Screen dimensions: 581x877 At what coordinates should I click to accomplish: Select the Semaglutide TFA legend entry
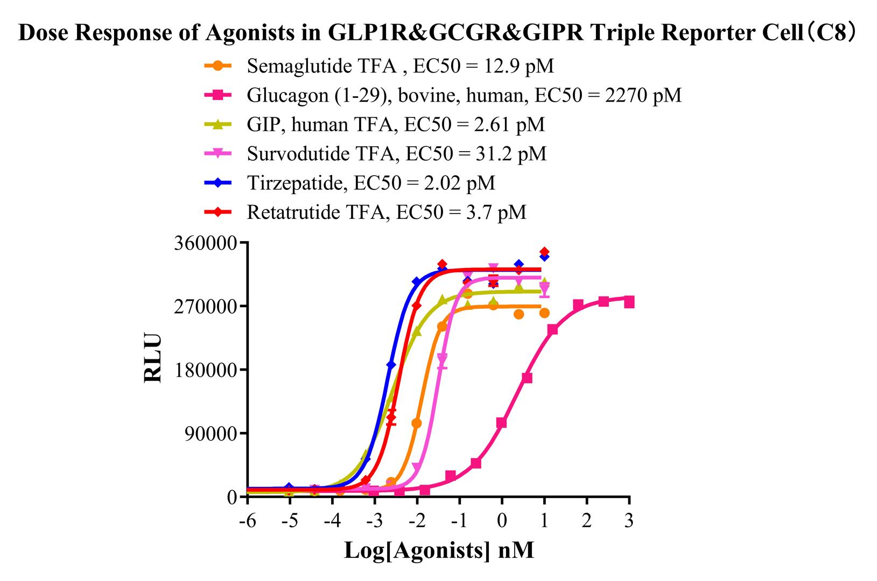click(400, 66)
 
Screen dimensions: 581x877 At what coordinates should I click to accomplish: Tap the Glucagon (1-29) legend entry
click(464, 95)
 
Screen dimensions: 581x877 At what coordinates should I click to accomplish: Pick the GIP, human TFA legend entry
click(396, 124)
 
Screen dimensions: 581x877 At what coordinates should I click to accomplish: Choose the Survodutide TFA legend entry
click(397, 154)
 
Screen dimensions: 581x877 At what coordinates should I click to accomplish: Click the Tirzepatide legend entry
click(371, 183)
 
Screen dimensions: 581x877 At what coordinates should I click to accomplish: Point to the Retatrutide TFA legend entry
click(387, 212)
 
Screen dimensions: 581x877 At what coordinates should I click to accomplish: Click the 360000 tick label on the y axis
click(206, 243)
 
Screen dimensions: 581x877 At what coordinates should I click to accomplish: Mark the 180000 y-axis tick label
click(206, 370)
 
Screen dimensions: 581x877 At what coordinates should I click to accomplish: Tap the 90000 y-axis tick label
click(211, 434)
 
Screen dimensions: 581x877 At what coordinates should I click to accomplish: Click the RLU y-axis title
click(153, 359)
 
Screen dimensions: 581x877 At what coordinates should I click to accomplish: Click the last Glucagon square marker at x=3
click(629, 302)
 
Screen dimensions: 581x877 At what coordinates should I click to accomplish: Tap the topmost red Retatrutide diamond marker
click(544, 252)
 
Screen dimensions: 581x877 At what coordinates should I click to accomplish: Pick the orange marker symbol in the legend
click(218, 66)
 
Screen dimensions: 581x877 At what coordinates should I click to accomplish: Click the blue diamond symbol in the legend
click(218, 183)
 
